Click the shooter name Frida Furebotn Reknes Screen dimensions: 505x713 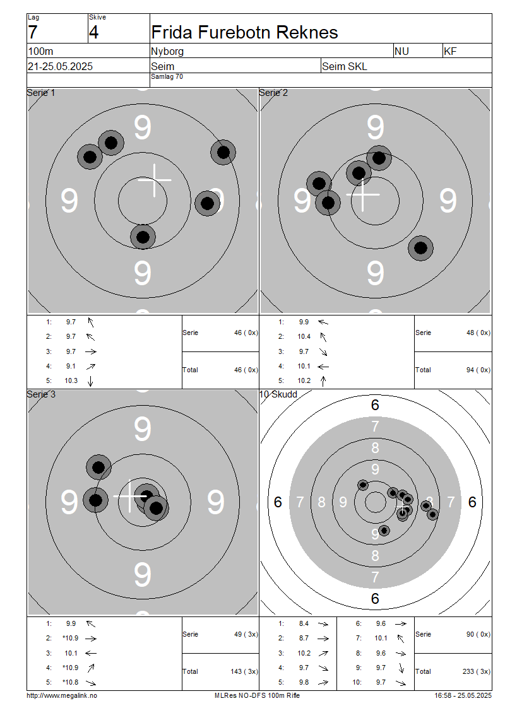(244, 33)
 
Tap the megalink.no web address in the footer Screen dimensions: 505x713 (62, 695)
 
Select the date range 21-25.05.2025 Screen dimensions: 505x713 (60, 66)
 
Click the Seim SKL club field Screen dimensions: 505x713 (345, 66)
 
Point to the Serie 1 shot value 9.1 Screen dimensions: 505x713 (71, 366)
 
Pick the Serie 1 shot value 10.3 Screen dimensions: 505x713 (71, 380)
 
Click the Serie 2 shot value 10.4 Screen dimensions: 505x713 (304, 336)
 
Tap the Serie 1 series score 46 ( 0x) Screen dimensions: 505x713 (246, 333)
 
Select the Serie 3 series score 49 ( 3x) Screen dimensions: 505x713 (246, 634)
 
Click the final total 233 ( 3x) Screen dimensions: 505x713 (477, 671)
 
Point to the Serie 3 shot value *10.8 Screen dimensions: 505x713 (71, 682)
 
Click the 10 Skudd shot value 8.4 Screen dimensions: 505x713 (304, 624)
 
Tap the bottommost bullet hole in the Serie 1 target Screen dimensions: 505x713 (143, 237)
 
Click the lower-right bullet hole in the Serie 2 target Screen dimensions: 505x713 (421, 248)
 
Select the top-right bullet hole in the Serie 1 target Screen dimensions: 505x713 (223, 152)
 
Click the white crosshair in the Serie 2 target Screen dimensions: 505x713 (362, 194)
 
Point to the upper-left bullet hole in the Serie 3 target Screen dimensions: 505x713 (98, 467)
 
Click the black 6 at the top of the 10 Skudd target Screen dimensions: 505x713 (375, 404)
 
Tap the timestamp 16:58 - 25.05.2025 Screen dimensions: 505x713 (463, 695)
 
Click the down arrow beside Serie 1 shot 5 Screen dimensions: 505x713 (90, 381)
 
